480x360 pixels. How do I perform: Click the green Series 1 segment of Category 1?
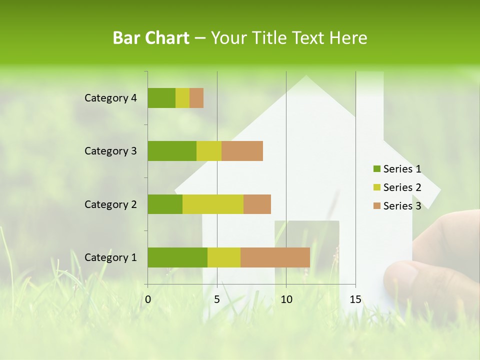[x=177, y=257]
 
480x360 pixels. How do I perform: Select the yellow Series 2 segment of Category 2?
[x=213, y=204]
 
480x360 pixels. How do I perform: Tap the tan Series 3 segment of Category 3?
[x=242, y=151]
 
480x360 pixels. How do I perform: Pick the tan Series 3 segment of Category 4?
[x=196, y=98]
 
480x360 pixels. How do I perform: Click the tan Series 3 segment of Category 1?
[x=275, y=257]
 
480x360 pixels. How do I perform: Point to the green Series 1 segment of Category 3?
[x=172, y=151]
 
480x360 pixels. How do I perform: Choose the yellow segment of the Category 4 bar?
[x=182, y=98]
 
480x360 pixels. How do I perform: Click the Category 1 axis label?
[x=110, y=257]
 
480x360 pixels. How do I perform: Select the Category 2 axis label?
[x=110, y=204]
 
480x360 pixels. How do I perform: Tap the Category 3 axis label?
[x=110, y=151]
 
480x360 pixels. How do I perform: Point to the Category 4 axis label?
[x=110, y=98]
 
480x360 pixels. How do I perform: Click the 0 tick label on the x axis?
[x=148, y=299]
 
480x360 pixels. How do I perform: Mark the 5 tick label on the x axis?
[x=217, y=299]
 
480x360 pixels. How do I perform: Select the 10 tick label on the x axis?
[x=286, y=299]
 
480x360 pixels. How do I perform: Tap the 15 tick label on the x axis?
[x=355, y=299]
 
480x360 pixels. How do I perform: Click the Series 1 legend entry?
[x=397, y=169]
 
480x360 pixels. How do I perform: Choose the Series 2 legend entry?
[x=397, y=187]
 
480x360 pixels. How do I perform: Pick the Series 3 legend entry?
[x=397, y=206]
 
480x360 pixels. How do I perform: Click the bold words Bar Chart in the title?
[x=151, y=38]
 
